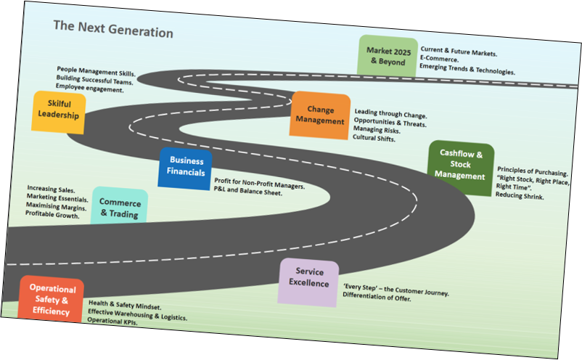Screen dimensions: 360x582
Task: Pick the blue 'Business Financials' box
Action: click(186, 167)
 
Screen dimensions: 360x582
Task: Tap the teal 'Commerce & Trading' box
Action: click(120, 208)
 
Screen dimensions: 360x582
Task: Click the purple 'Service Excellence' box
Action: click(308, 279)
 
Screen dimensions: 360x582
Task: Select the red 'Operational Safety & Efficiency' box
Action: click(52, 299)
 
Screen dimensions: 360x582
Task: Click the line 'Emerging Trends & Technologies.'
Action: click(467, 71)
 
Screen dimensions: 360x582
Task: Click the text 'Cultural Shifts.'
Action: click(374, 138)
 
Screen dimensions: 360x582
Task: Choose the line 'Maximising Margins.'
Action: click(56, 207)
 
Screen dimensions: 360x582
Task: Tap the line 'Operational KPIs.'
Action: click(112, 320)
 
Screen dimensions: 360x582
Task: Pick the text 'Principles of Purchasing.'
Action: click(533, 172)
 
